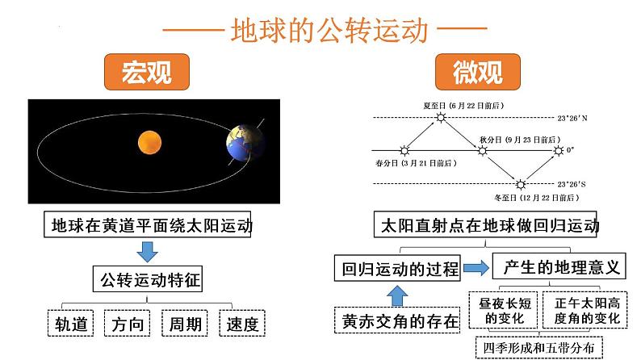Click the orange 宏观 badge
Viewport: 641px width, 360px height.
tap(147, 72)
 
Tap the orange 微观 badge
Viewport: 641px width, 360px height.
tap(477, 72)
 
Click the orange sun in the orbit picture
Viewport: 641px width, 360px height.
tap(149, 143)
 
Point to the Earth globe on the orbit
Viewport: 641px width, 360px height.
tap(245, 143)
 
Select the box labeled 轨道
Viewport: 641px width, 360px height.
tap(71, 323)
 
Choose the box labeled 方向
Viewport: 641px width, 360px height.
tap(127, 323)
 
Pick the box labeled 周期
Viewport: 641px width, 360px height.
tap(185, 323)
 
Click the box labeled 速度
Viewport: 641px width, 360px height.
tap(242, 323)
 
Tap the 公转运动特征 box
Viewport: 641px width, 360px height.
tap(148, 279)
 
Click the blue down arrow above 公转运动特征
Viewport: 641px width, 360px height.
tap(147, 252)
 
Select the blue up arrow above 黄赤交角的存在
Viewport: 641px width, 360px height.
tap(397, 296)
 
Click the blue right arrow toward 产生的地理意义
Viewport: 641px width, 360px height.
tap(476, 268)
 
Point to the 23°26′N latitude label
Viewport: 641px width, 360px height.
tap(572, 118)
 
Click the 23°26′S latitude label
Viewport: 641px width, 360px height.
tap(572, 184)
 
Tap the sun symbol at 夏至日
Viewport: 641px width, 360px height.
tap(441, 118)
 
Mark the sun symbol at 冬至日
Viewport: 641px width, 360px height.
tap(521, 184)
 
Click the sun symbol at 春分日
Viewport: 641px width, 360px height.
tap(404, 151)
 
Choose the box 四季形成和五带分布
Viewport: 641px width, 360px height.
tap(538, 348)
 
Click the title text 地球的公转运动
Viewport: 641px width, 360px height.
tap(329, 30)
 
